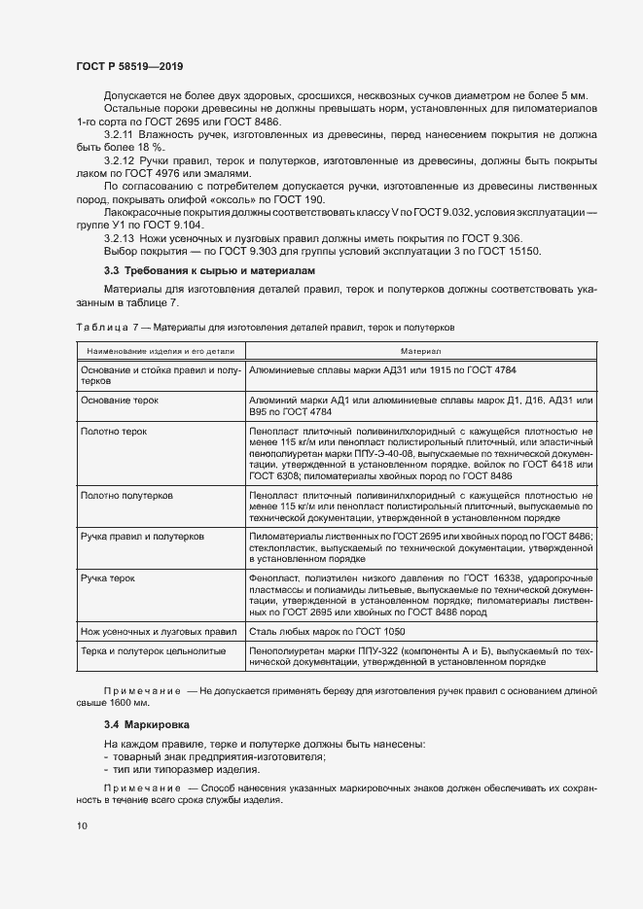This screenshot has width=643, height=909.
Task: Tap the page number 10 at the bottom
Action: pos(82,825)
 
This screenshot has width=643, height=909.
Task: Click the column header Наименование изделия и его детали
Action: pos(160,350)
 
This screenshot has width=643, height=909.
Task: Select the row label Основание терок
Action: pos(119,401)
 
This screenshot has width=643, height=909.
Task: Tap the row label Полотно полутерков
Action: pos(126,495)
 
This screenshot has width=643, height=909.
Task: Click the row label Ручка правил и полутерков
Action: pos(142,537)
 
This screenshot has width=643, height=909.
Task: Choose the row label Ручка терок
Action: pos(108,577)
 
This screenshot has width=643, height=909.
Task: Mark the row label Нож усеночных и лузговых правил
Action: pos(159,631)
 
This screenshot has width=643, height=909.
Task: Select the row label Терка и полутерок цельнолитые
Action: pos(154,650)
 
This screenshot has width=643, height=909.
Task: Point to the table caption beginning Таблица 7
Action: pos(263,328)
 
